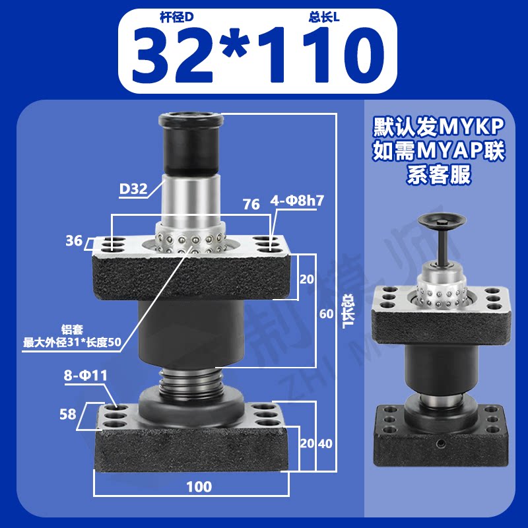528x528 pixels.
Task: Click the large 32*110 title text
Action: [x=258, y=55]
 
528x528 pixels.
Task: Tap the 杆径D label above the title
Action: [x=176, y=17]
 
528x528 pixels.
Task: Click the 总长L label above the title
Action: [x=323, y=17]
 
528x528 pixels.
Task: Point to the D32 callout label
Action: [x=134, y=189]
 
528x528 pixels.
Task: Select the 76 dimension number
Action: [x=251, y=205]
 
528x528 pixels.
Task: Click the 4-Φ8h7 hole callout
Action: [x=296, y=201]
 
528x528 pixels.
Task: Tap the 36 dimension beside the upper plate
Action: [x=74, y=241]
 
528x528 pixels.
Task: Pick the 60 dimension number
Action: [x=326, y=314]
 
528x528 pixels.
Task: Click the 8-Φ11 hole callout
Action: [x=86, y=375]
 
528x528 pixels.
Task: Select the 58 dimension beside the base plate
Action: [x=68, y=414]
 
